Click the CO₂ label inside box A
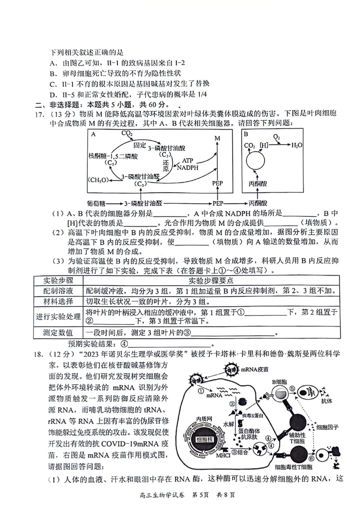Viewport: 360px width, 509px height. (126, 134)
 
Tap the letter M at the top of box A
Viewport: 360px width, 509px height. (218, 138)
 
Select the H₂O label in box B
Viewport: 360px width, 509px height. (297, 145)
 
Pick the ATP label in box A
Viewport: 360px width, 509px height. (188, 160)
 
